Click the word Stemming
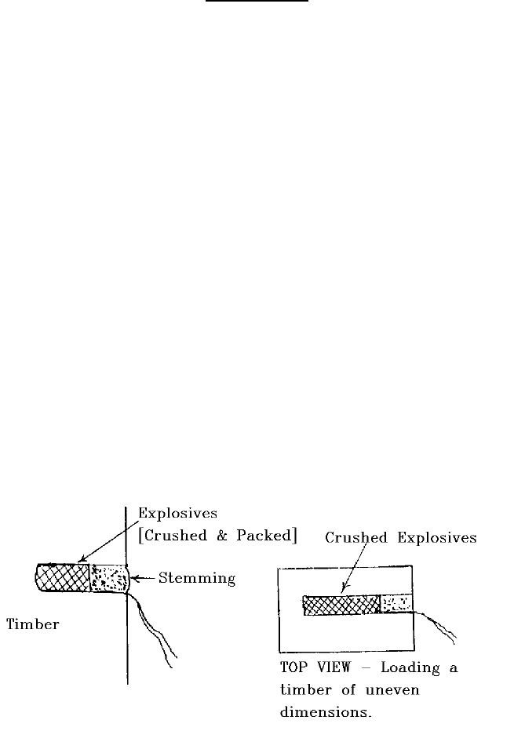197,579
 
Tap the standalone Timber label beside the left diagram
34,624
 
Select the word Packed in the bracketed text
264,536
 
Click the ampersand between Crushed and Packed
217,536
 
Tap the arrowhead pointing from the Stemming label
133,579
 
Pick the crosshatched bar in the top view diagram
341,605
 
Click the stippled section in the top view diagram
396,604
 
